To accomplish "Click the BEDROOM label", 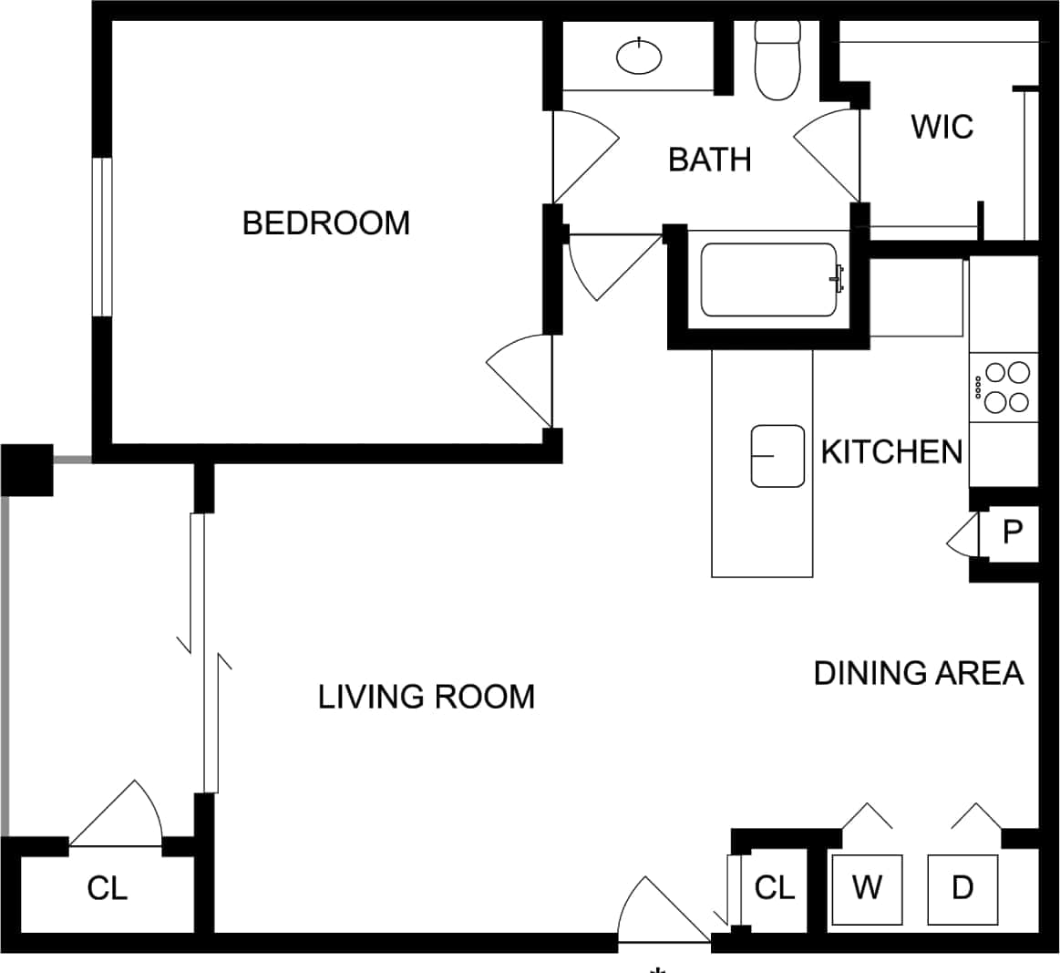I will pos(325,223).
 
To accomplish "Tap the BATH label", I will pos(709,160).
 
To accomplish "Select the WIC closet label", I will pos(942,127).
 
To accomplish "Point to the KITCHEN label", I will pos(890,451).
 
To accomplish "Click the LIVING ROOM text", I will pos(426,697).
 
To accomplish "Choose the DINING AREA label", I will pos(918,673).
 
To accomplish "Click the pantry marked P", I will pos(1012,532).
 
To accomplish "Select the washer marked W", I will pos(866,887).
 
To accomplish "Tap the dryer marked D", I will pos(962,887).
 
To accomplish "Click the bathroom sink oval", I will pos(639,57).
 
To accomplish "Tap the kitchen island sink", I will pos(777,455).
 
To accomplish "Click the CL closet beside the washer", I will pos(774,886).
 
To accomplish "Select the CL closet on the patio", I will pos(107,887).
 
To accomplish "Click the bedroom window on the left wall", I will pos(101,237).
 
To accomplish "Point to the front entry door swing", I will pos(659,912).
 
